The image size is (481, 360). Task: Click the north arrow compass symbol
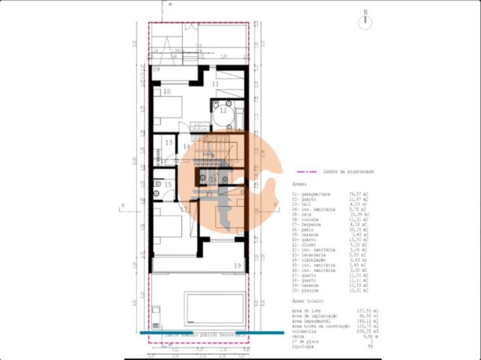[367, 20]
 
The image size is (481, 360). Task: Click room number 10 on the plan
[166, 91]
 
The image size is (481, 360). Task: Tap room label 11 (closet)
[215, 84]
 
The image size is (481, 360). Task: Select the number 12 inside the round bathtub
[222, 110]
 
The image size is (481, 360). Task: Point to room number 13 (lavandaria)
[169, 142]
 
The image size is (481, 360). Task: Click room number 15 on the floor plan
[168, 184]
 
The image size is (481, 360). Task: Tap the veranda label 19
[237, 265]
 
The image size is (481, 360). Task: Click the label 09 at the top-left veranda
[156, 70]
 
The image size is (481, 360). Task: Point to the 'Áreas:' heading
[299, 184]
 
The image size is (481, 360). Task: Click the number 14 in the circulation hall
[187, 147]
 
